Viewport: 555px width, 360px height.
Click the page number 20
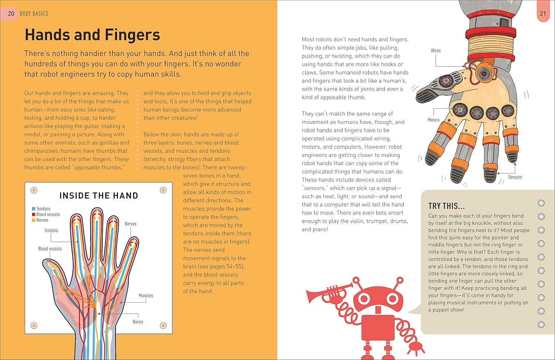click(x=11, y=13)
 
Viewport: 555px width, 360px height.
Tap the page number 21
click(x=543, y=13)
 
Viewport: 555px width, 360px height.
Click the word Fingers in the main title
click(x=132, y=35)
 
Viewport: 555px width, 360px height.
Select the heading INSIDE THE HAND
click(x=99, y=196)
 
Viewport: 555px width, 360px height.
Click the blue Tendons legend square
click(x=33, y=209)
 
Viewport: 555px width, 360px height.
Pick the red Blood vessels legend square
click(x=33, y=215)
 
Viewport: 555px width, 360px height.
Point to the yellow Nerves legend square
click(x=33, y=220)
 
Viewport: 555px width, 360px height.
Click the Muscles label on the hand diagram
click(x=146, y=296)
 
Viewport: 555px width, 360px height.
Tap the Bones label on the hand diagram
click(x=138, y=322)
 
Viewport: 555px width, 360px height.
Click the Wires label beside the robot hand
click(x=435, y=51)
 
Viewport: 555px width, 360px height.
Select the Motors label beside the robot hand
click(x=434, y=120)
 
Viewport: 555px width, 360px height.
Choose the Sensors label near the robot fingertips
click(x=515, y=177)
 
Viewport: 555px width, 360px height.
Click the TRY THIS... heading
click(x=447, y=206)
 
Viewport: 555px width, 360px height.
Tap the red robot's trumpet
click(x=327, y=293)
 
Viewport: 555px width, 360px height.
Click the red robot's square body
click(x=378, y=327)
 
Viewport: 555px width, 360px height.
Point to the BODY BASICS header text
click(x=34, y=14)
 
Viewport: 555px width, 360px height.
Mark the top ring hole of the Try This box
click(x=541, y=203)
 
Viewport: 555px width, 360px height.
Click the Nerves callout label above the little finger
click(x=131, y=224)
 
